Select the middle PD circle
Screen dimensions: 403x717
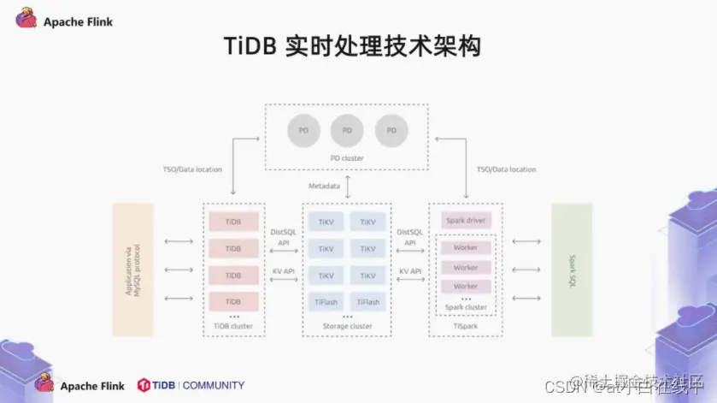tap(347, 130)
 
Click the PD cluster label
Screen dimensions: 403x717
tap(347, 158)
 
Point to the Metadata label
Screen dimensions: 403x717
tap(325, 186)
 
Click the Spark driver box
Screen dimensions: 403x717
tap(466, 221)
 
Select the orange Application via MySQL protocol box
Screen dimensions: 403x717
tap(132, 270)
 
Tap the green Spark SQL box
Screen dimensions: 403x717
tap(572, 270)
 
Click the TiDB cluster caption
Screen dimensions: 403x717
tap(232, 326)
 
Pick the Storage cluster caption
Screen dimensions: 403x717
tap(347, 326)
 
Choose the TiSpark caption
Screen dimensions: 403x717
tap(466, 326)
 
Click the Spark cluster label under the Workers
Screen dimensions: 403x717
tap(466, 307)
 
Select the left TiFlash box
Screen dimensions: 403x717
tap(326, 302)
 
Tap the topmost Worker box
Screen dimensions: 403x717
tap(466, 247)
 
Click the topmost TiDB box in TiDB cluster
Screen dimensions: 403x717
tap(232, 221)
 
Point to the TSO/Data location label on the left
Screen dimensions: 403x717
tap(193, 169)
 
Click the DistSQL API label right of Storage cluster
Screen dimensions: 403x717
tap(410, 237)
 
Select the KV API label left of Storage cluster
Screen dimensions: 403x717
tap(283, 271)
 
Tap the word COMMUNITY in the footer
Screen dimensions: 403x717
tap(213, 385)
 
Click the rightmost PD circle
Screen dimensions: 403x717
tap(391, 130)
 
